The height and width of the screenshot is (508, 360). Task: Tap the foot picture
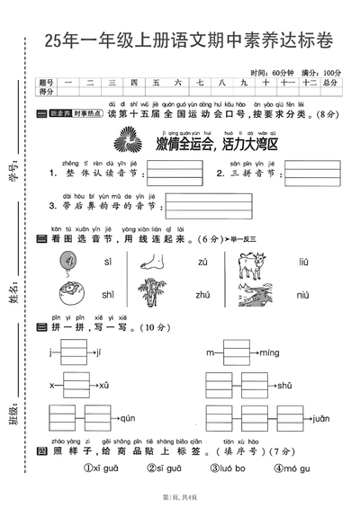[157, 263]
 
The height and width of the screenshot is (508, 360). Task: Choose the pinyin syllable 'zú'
[202, 263]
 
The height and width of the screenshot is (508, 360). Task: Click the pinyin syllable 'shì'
[108, 294]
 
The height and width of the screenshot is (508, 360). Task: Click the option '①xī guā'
[102, 468]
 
